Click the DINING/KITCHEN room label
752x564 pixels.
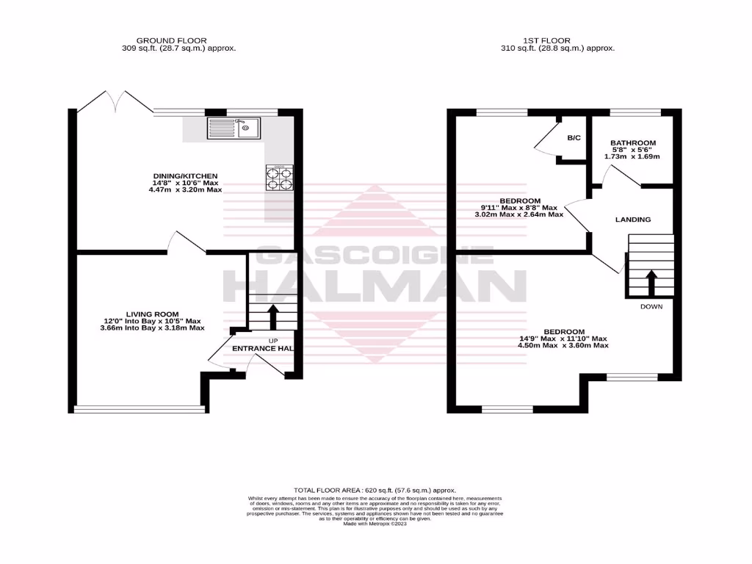tap(185, 176)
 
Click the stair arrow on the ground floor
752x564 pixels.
tap(272, 317)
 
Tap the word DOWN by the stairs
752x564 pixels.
tap(651, 306)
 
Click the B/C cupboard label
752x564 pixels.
tap(574, 137)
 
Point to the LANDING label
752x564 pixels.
tap(633, 220)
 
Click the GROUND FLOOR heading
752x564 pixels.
tap(171, 40)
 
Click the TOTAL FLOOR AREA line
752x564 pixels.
tap(375, 490)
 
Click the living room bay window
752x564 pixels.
tap(140, 408)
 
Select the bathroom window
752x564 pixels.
tap(635, 112)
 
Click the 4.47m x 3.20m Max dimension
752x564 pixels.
tap(185, 189)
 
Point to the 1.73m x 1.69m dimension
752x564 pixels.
tap(632, 156)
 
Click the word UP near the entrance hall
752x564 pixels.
tap(273, 341)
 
